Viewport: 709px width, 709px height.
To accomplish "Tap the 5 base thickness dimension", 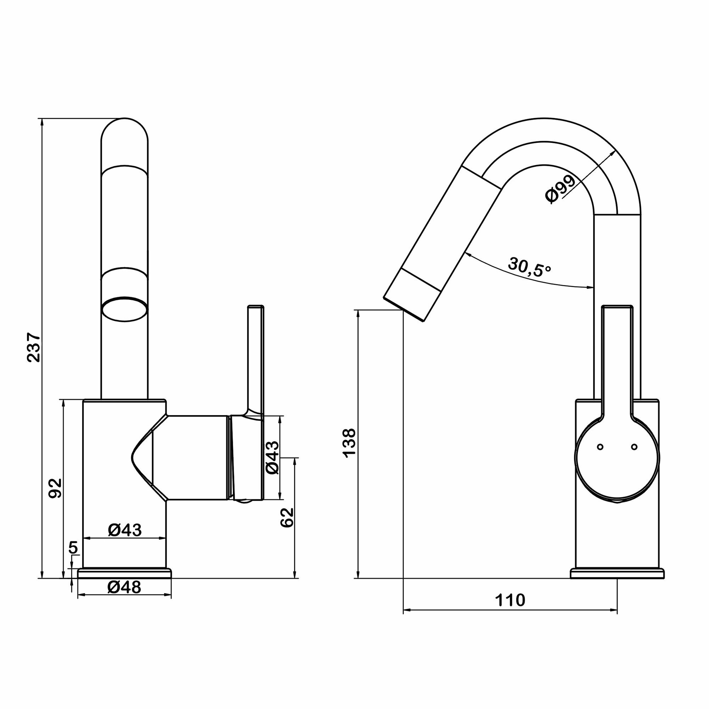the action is pyautogui.click(x=73, y=557).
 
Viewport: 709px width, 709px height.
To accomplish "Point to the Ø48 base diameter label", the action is pyautogui.click(x=124, y=587).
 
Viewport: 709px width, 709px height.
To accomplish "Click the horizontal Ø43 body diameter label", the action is pyautogui.click(x=125, y=530).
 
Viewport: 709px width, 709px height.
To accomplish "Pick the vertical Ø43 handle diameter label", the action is pyautogui.click(x=273, y=457).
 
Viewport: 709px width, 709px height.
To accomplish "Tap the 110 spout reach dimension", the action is pyautogui.click(x=510, y=601).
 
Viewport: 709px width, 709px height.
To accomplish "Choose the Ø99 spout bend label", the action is pyautogui.click(x=560, y=189).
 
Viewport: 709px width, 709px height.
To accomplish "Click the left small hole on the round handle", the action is pyautogui.click(x=601, y=447).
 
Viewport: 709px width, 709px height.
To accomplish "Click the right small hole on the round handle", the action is pyautogui.click(x=634, y=447).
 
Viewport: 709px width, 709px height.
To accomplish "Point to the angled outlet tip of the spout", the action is pyautogui.click(x=404, y=309).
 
